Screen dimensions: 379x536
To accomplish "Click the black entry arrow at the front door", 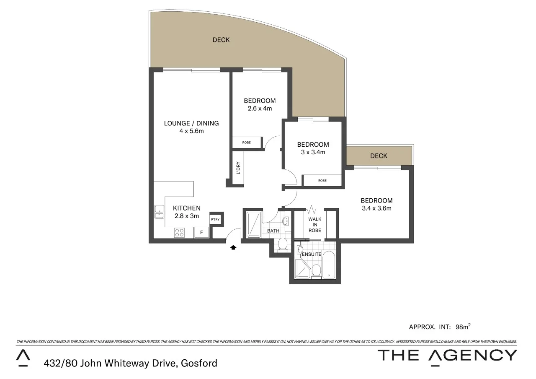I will pyautogui.click(x=233, y=247).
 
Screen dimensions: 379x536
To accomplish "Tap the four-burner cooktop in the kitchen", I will pyautogui.click(x=179, y=232).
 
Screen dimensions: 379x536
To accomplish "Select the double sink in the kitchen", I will pyautogui.click(x=159, y=212).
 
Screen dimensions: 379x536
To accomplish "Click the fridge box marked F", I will pyautogui.click(x=201, y=232).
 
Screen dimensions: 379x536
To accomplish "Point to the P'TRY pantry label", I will pyautogui.click(x=215, y=219).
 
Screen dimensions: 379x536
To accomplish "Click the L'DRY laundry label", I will pyautogui.click(x=238, y=168).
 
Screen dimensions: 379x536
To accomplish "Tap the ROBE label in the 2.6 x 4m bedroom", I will pyautogui.click(x=247, y=143).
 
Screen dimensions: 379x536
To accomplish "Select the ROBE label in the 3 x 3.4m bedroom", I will pyautogui.click(x=322, y=181).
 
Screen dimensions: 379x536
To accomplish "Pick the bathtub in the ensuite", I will pyautogui.click(x=329, y=265).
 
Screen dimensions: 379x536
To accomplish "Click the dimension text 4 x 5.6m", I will pyautogui.click(x=191, y=131).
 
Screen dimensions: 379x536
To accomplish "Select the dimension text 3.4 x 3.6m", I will pyautogui.click(x=376, y=208).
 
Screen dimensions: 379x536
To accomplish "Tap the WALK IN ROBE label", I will pyautogui.click(x=314, y=225).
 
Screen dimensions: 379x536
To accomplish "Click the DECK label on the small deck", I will pyautogui.click(x=379, y=156).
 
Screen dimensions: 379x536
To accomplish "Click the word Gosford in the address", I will pyautogui.click(x=199, y=363).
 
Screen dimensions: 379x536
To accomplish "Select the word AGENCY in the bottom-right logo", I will pyautogui.click(x=473, y=356).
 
